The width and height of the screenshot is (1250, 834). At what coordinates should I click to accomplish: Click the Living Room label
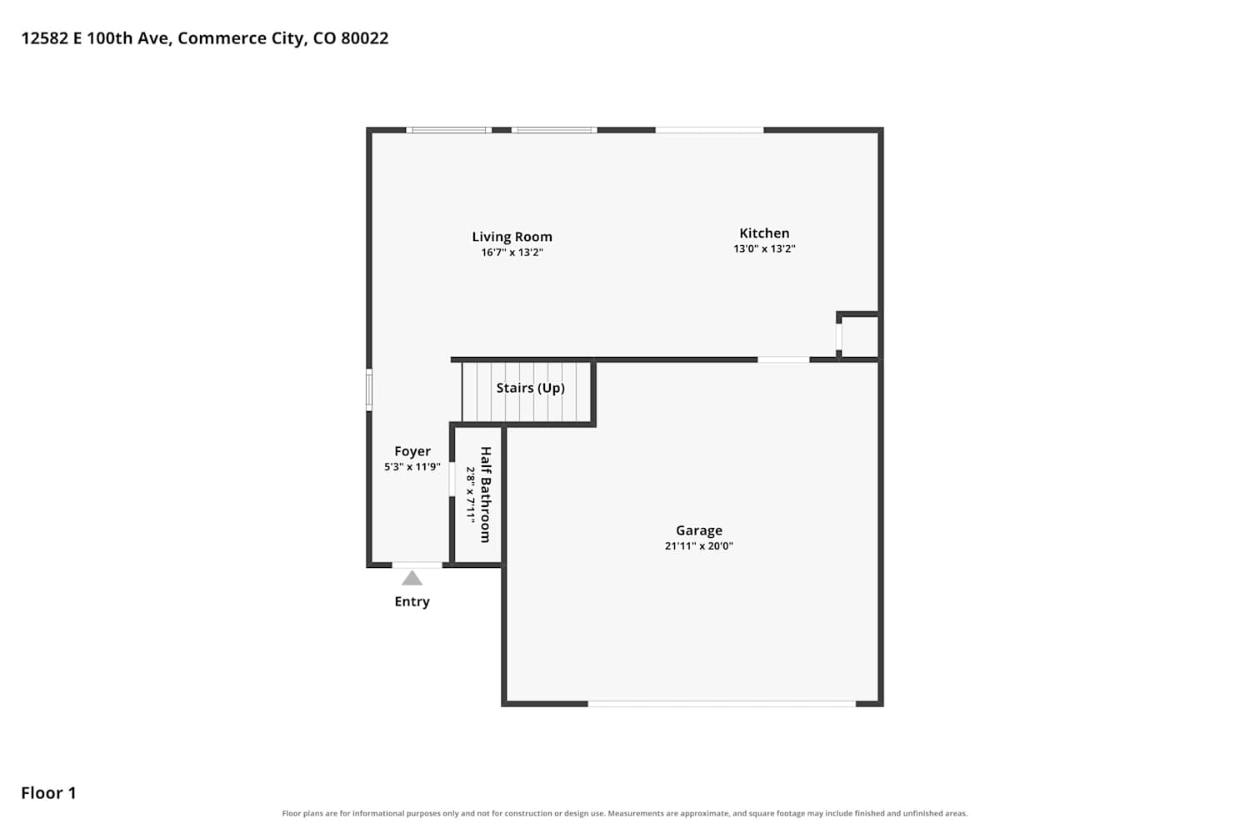(512, 237)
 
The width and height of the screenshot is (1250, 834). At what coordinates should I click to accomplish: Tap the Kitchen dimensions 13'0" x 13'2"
(764, 249)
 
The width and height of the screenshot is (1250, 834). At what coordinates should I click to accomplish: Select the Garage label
(698, 530)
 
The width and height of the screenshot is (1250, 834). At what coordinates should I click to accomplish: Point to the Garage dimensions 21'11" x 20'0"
(698, 545)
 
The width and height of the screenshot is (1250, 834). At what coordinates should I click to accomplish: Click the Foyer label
(412, 451)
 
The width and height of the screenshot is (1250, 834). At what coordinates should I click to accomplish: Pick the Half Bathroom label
(486, 495)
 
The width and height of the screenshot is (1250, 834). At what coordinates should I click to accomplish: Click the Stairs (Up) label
(530, 388)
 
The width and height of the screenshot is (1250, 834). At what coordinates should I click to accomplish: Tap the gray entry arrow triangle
(412, 578)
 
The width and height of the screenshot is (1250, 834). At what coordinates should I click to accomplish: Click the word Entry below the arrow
(412, 601)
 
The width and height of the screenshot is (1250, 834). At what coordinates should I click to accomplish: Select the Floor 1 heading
(48, 793)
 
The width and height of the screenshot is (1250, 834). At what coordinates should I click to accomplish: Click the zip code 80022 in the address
(364, 38)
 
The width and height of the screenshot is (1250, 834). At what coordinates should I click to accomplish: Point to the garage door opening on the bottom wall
(722, 704)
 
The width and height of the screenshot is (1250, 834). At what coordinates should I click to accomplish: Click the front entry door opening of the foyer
(417, 565)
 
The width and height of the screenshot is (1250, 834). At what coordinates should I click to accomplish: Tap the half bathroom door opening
(452, 480)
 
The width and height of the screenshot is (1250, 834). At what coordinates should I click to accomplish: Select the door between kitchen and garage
(783, 359)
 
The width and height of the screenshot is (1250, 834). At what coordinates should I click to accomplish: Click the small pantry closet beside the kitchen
(859, 337)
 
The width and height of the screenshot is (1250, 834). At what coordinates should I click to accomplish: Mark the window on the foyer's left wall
(369, 389)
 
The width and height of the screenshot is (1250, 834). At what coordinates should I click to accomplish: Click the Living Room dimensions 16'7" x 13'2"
(512, 253)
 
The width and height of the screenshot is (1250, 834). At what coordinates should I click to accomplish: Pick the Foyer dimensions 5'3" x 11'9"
(412, 467)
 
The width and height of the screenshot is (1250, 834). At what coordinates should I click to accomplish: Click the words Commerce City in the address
(242, 38)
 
